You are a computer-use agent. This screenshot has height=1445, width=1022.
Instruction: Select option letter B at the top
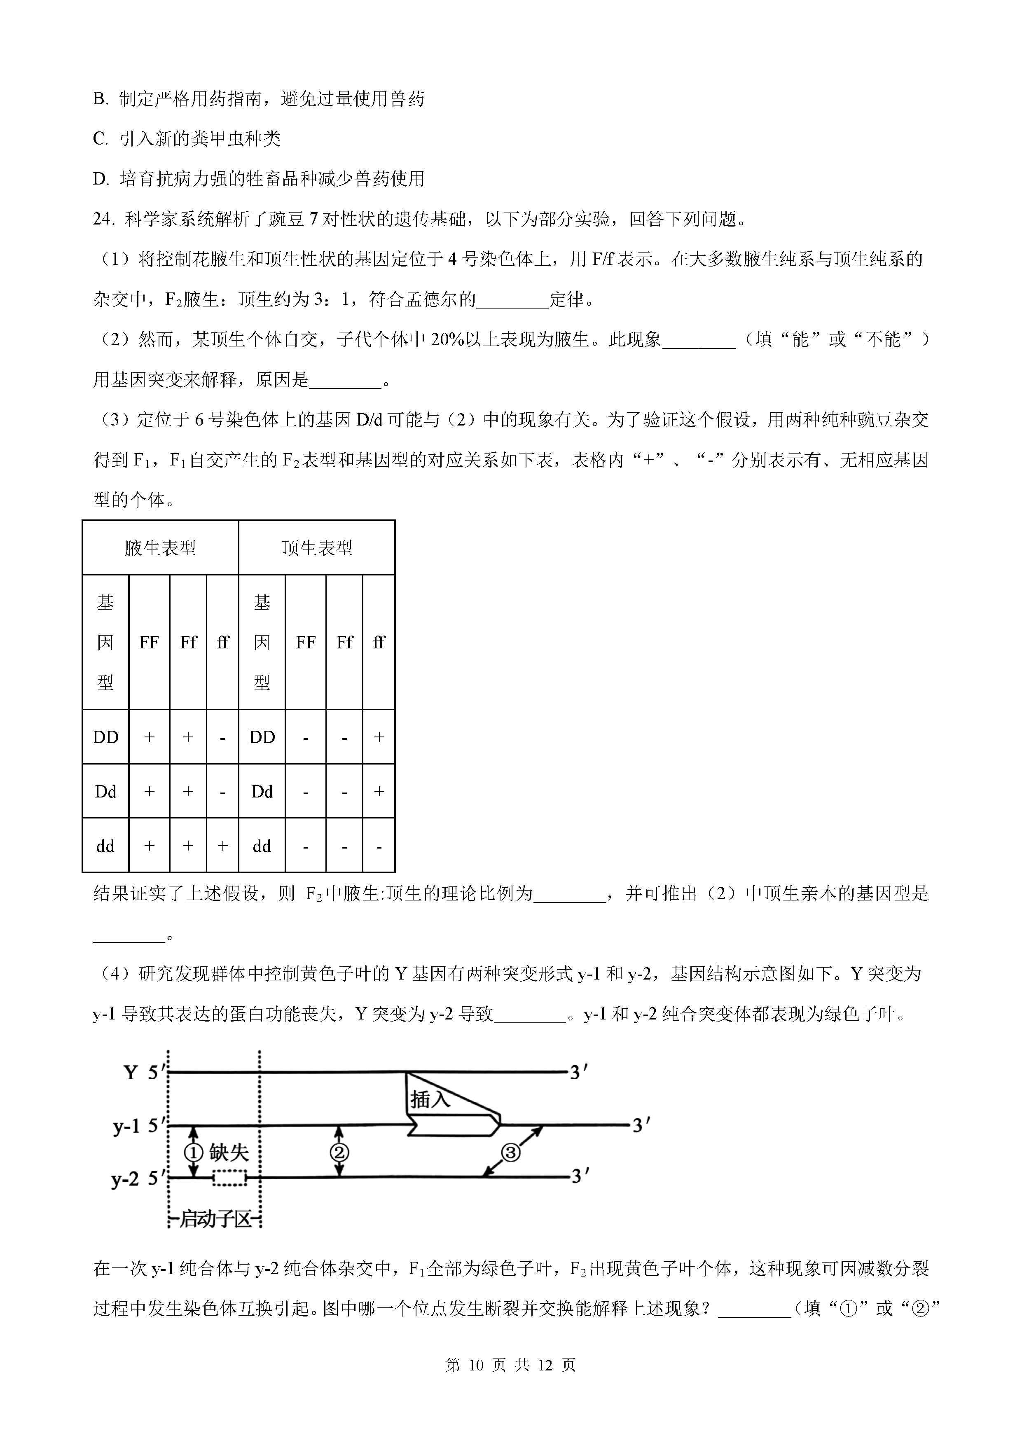click(99, 99)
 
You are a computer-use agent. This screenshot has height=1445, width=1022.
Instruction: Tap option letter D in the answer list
click(99, 179)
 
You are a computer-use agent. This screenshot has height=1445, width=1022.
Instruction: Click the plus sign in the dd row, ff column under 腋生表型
click(222, 846)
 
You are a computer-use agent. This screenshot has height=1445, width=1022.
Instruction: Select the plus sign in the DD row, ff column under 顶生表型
click(379, 737)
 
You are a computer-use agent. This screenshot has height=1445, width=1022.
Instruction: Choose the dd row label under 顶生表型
click(262, 846)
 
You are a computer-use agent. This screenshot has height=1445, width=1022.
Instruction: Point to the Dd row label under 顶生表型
click(262, 792)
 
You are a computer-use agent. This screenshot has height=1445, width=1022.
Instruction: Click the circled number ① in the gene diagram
click(193, 1153)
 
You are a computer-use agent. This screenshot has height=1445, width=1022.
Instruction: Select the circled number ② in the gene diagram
click(339, 1153)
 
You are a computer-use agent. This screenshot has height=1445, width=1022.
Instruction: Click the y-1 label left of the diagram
click(126, 1126)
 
